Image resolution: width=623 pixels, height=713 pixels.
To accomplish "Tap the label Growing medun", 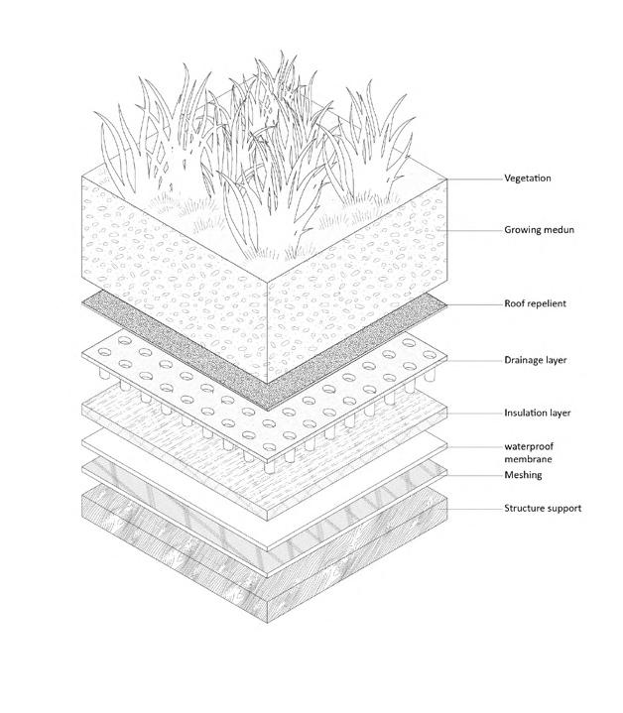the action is coord(540,230).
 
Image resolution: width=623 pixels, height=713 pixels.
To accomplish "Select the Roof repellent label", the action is coord(536,303).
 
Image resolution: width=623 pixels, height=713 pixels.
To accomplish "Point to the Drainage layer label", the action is coord(536,361).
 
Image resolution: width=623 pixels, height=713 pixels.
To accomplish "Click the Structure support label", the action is coord(543,509).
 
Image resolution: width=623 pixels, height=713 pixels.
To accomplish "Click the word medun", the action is coord(559,230).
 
